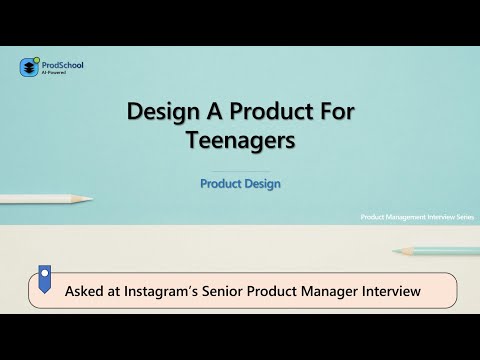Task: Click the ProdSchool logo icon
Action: [28, 68]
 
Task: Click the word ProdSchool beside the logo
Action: [61, 65]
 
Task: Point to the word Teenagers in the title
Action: [240, 141]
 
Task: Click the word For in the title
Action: [332, 112]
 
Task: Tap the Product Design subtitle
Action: [240, 184]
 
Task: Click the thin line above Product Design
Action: [240, 171]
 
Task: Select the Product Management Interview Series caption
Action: [416, 216]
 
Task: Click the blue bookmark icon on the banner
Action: [45, 277]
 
